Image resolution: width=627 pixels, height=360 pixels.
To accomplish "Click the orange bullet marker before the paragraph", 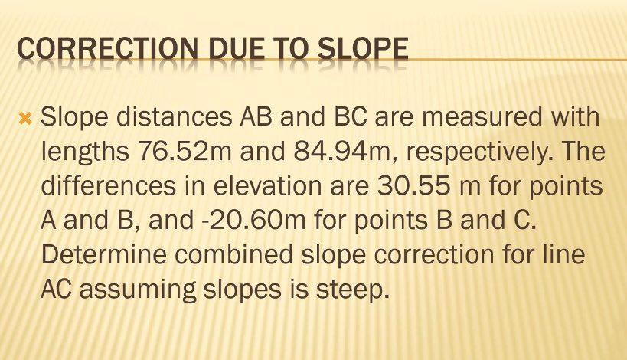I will (x=25, y=119).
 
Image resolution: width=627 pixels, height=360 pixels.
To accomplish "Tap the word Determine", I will (x=91, y=256).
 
